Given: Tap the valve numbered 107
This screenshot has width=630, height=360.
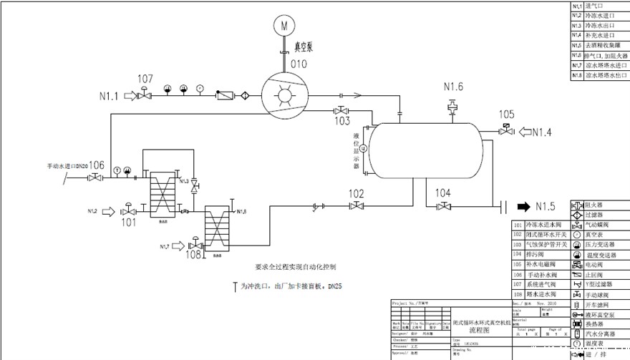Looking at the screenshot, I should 145,93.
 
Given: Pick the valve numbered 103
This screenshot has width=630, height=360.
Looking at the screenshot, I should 341,111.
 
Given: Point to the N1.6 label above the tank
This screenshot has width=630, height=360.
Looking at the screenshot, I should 453,87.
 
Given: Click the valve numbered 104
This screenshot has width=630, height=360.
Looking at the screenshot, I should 443,207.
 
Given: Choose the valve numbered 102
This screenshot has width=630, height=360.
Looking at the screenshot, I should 357,206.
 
